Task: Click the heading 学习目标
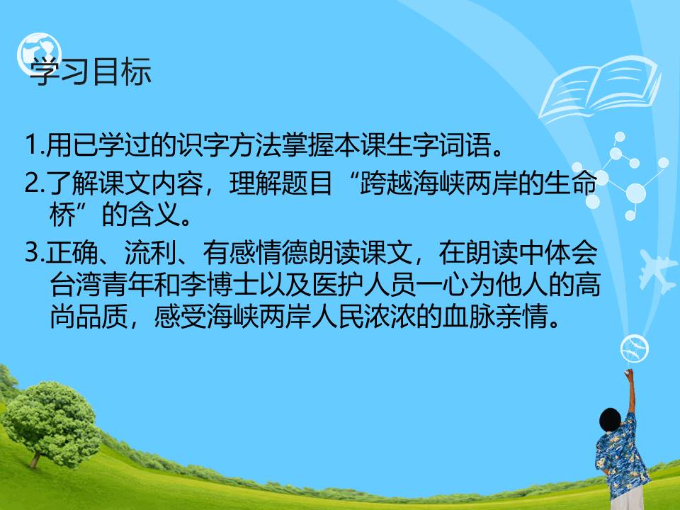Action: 90,73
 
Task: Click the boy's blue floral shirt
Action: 622,457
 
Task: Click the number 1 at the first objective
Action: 30,148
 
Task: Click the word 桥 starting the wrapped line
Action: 62,215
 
